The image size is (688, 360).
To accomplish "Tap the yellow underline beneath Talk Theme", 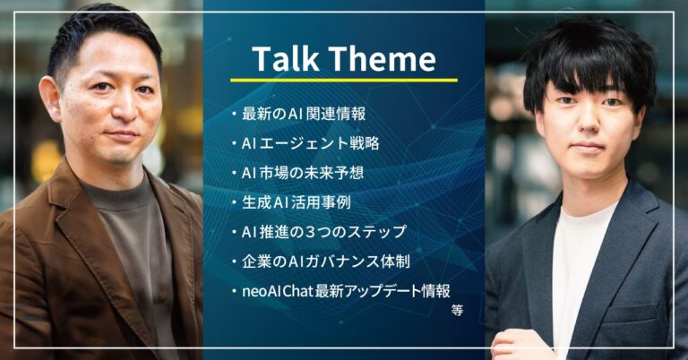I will click(x=343, y=80).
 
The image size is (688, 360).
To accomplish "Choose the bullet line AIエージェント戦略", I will click(x=309, y=143).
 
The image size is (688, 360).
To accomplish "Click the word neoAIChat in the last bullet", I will click(x=280, y=291).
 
